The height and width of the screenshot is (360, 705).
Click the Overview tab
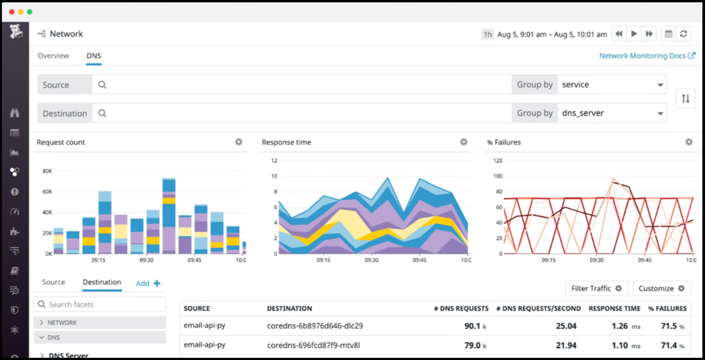tap(53, 56)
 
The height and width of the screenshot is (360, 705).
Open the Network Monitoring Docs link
tap(642, 56)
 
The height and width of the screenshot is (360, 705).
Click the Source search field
tap(303, 85)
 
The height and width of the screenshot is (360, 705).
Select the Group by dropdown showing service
tap(611, 85)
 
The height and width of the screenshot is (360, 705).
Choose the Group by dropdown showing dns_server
tap(611, 113)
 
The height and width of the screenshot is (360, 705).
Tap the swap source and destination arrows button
tap(685, 99)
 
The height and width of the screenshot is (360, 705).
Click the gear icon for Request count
tap(238, 142)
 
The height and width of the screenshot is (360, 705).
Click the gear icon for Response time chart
tap(463, 142)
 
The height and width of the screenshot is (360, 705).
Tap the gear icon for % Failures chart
tap(689, 142)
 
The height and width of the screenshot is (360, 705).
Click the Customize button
tap(661, 288)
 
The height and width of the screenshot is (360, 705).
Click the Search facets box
tap(100, 304)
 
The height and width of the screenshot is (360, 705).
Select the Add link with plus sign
tap(148, 283)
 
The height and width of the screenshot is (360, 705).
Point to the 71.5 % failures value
tap(668, 326)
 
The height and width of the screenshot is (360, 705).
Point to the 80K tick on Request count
tap(47, 171)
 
